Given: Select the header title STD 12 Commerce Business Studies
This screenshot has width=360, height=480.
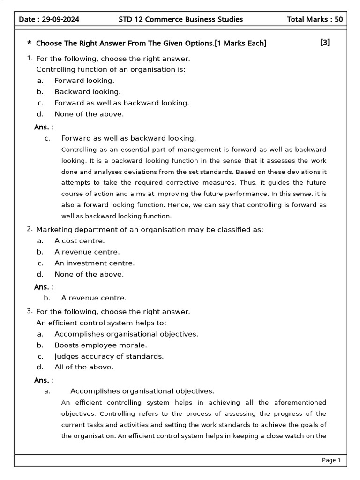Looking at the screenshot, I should [181, 19].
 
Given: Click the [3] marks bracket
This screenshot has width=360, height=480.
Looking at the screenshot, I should [325, 43].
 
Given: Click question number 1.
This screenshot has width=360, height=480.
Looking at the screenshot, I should [30, 58].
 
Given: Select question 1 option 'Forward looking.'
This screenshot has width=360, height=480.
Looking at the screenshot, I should [84, 81].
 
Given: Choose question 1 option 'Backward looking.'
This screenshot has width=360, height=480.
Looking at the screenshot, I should [87, 92].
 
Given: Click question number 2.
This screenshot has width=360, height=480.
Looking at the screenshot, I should [30, 229].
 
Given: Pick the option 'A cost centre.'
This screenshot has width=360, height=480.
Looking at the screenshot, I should [79, 240].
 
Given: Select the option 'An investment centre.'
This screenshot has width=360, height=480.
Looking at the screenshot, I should [94, 263].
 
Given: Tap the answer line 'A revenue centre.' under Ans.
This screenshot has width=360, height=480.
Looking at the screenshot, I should [94, 298].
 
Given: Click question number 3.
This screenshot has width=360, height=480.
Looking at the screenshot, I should [30, 310].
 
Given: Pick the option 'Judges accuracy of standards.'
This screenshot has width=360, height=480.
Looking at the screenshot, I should [109, 356].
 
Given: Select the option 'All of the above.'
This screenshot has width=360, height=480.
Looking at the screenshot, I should [83, 367].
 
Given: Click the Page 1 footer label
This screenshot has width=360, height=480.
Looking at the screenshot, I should [331, 460].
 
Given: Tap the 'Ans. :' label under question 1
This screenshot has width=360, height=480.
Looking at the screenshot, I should [44, 127].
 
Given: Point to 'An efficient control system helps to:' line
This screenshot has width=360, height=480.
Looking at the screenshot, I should [101, 322].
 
